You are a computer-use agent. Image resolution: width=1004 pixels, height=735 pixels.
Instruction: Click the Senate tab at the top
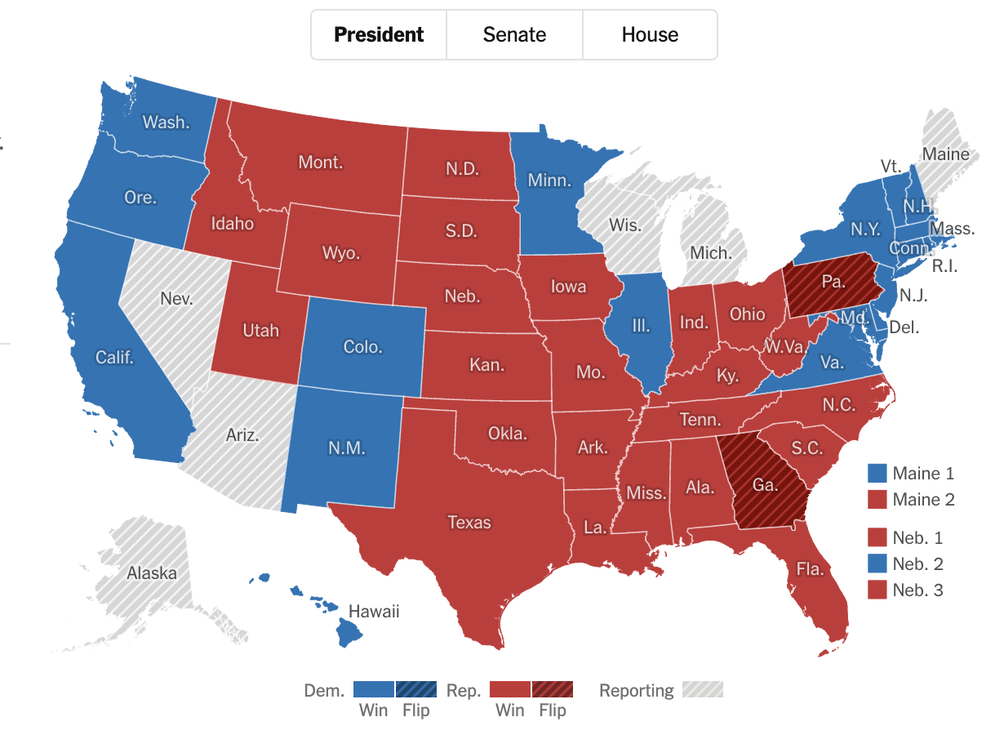click(514, 35)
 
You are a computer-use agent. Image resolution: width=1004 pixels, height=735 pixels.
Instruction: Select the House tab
click(650, 35)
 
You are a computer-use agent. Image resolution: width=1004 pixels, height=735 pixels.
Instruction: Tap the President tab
click(379, 35)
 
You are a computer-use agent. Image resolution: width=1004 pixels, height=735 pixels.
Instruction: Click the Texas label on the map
click(469, 522)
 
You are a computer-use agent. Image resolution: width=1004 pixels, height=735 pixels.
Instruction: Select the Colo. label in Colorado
click(362, 346)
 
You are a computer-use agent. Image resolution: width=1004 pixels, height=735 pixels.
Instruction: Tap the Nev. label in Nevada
click(176, 298)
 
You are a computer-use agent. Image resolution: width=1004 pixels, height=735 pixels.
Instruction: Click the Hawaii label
click(374, 611)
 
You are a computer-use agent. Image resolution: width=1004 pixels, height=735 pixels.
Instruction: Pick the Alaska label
click(152, 573)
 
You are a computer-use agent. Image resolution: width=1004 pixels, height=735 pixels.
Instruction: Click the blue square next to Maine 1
click(877, 473)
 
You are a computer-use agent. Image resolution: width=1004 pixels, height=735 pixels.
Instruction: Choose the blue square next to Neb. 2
click(877, 563)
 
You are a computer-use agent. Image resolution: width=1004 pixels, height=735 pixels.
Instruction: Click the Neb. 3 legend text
click(917, 590)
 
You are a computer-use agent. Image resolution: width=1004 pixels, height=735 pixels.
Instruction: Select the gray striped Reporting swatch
click(703, 689)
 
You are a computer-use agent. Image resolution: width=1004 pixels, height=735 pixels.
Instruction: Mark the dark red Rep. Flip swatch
click(553, 689)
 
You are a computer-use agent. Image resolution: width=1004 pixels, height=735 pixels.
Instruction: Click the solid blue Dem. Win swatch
click(374, 689)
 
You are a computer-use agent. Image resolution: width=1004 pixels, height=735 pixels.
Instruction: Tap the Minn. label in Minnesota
click(549, 180)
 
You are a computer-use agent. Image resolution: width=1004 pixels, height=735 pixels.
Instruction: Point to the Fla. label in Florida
click(811, 570)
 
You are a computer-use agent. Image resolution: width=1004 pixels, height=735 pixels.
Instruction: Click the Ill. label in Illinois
click(641, 326)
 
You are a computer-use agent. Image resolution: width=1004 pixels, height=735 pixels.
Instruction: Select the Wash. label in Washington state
click(166, 122)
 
